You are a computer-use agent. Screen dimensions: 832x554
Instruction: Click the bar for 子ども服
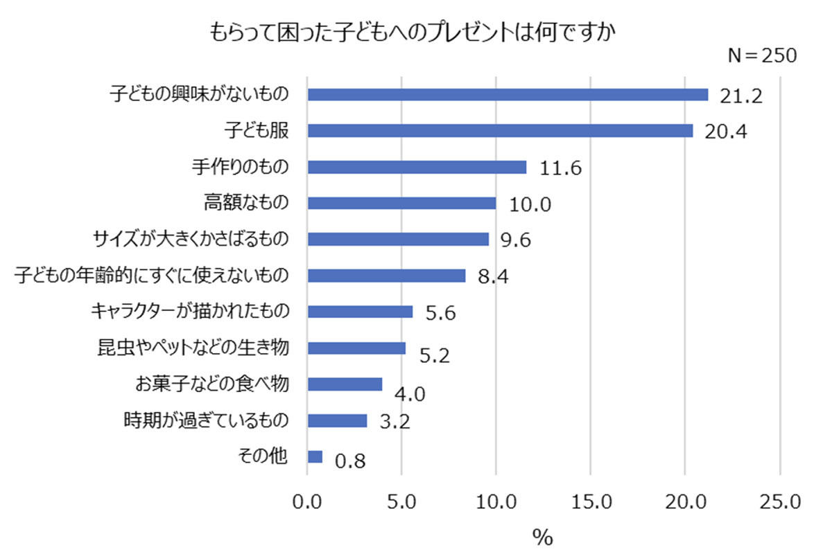tap(500, 131)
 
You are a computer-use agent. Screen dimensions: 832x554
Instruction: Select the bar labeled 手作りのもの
tap(417, 167)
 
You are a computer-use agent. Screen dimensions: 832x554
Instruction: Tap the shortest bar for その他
tap(315, 457)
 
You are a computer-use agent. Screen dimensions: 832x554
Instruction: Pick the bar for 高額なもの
tap(401, 203)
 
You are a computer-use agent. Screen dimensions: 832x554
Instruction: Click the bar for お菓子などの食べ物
tap(345, 384)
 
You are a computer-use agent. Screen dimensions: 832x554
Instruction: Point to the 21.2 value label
tap(741, 96)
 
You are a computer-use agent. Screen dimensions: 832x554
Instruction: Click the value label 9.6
tap(516, 240)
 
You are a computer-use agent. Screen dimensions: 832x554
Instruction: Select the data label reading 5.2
tap(435, 355)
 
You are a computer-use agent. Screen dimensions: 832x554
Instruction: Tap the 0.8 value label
tap(350, 461)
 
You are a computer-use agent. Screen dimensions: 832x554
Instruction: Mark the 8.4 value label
tap(493, 276)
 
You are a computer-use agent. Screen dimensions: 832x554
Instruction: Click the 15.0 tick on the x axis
tap(591, 502)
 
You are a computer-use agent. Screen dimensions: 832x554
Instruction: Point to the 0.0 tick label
tap(306, 502)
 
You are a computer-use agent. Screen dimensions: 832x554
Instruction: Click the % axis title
tap(543, 537)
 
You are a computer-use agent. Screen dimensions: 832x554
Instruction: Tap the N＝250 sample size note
tap(762, 55)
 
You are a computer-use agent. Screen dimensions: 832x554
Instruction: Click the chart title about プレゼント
tap(413, 32)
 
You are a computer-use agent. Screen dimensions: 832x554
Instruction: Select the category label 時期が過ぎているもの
tap(206, 420)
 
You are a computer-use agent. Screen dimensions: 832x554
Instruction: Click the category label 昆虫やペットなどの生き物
tap(193, 348)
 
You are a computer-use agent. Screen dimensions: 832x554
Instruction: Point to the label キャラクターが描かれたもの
tap(190, 311)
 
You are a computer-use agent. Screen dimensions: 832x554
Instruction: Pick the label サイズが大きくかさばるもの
tap(191, 239)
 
